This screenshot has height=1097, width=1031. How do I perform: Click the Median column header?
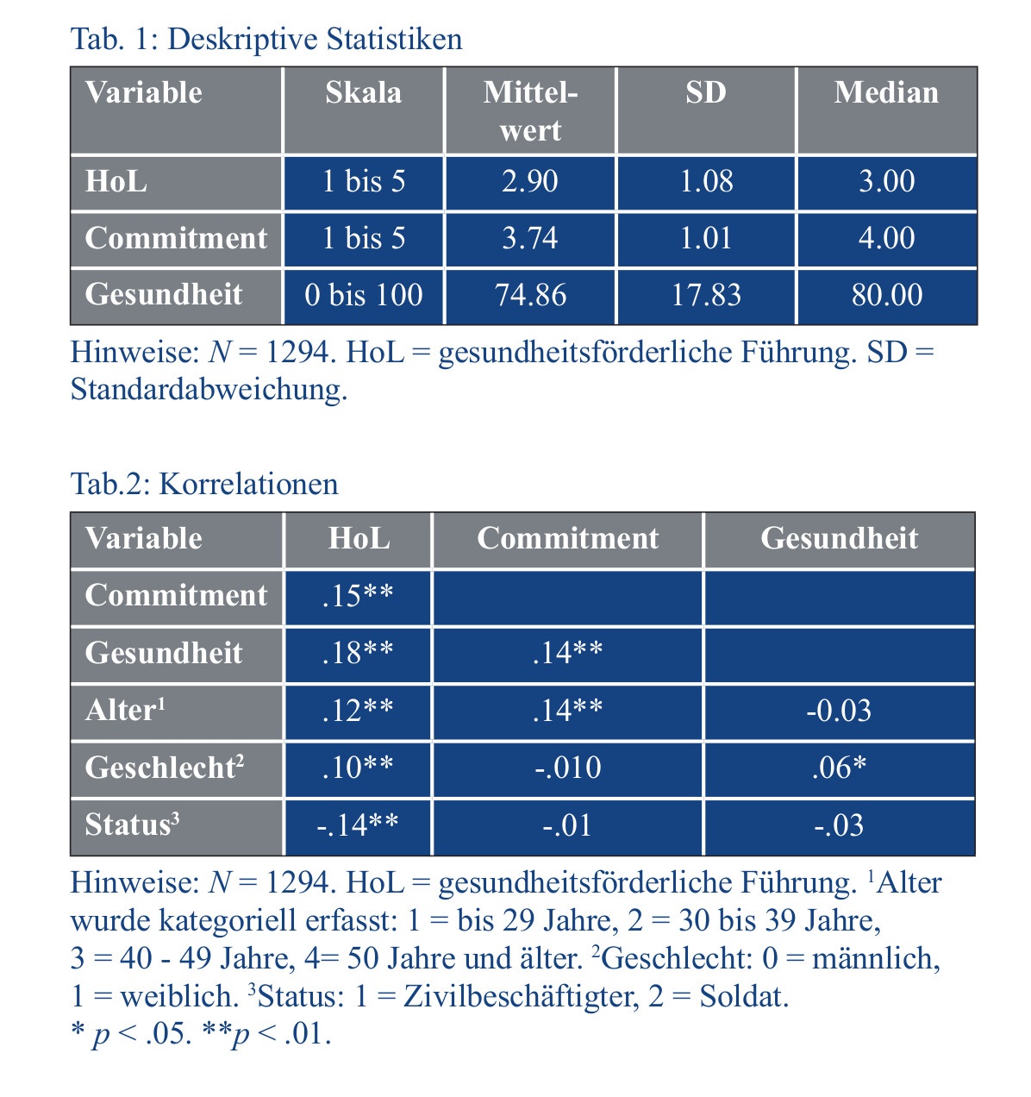tap(886, 93)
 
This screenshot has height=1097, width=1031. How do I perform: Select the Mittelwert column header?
tap(530, 111)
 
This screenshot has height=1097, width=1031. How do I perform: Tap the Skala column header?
tap(363, 93)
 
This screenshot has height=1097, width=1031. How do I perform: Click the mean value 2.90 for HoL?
tap(530, 181)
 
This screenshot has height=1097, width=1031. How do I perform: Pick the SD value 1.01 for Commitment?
tap(706, 238)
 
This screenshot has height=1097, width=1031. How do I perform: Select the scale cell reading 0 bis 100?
tap(363, 295)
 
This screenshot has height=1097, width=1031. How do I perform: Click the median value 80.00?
tap(886, 295)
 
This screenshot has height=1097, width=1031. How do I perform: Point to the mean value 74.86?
tap(530, 295)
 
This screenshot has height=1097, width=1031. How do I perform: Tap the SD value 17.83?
tap(706, 295)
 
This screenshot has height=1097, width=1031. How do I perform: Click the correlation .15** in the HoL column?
tap(358, 596)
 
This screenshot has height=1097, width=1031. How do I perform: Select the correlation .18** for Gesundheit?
tap(358, 653)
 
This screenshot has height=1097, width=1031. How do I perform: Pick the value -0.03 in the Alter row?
tap(839, 711)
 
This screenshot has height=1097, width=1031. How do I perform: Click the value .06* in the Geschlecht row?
tap(839, 768)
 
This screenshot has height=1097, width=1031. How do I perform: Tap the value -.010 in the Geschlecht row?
tap(568, 768)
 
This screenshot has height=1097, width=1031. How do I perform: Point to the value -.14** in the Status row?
tap(358, 825)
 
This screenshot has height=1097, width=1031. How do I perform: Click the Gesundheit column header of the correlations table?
tap(839, 538)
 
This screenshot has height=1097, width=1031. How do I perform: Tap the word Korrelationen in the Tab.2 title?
tap(248, 484)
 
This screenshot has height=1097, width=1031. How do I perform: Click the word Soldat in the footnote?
tap(743, 997)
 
